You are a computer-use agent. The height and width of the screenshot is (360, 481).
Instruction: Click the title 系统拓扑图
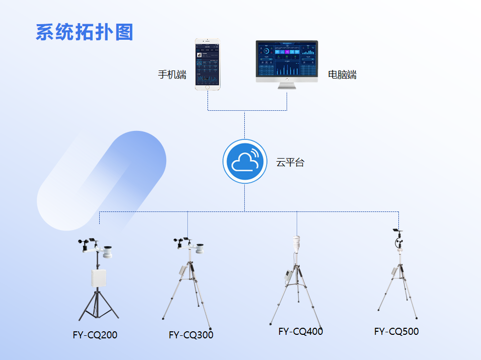[x=84, y=32]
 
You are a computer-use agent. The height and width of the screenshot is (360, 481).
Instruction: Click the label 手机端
[x=172, y=75]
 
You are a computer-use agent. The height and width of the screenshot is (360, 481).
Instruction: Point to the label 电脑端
[x=342, y=75]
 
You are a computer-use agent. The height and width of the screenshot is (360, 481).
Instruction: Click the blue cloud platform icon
[x=245, y=161]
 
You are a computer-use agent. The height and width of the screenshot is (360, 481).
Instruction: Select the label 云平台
[x=290, y=163]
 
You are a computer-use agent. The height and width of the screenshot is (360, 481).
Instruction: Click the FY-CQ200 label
[x=95, y=335]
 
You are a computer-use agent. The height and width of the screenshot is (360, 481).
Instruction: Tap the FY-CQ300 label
[x=191, y=335]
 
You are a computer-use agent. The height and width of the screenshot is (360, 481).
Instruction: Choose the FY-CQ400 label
[x=301, y=331]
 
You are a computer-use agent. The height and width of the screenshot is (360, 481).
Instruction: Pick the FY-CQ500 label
[x=396, y=331]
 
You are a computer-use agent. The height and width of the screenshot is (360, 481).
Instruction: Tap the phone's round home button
[x=208, y=88]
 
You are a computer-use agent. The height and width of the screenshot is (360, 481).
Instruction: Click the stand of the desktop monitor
[x=287, y=86]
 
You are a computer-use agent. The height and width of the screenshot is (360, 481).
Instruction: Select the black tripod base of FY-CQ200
[x=98, y=307]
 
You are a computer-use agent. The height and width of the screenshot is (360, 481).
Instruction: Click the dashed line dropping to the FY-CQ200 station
[x=99, y=218]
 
